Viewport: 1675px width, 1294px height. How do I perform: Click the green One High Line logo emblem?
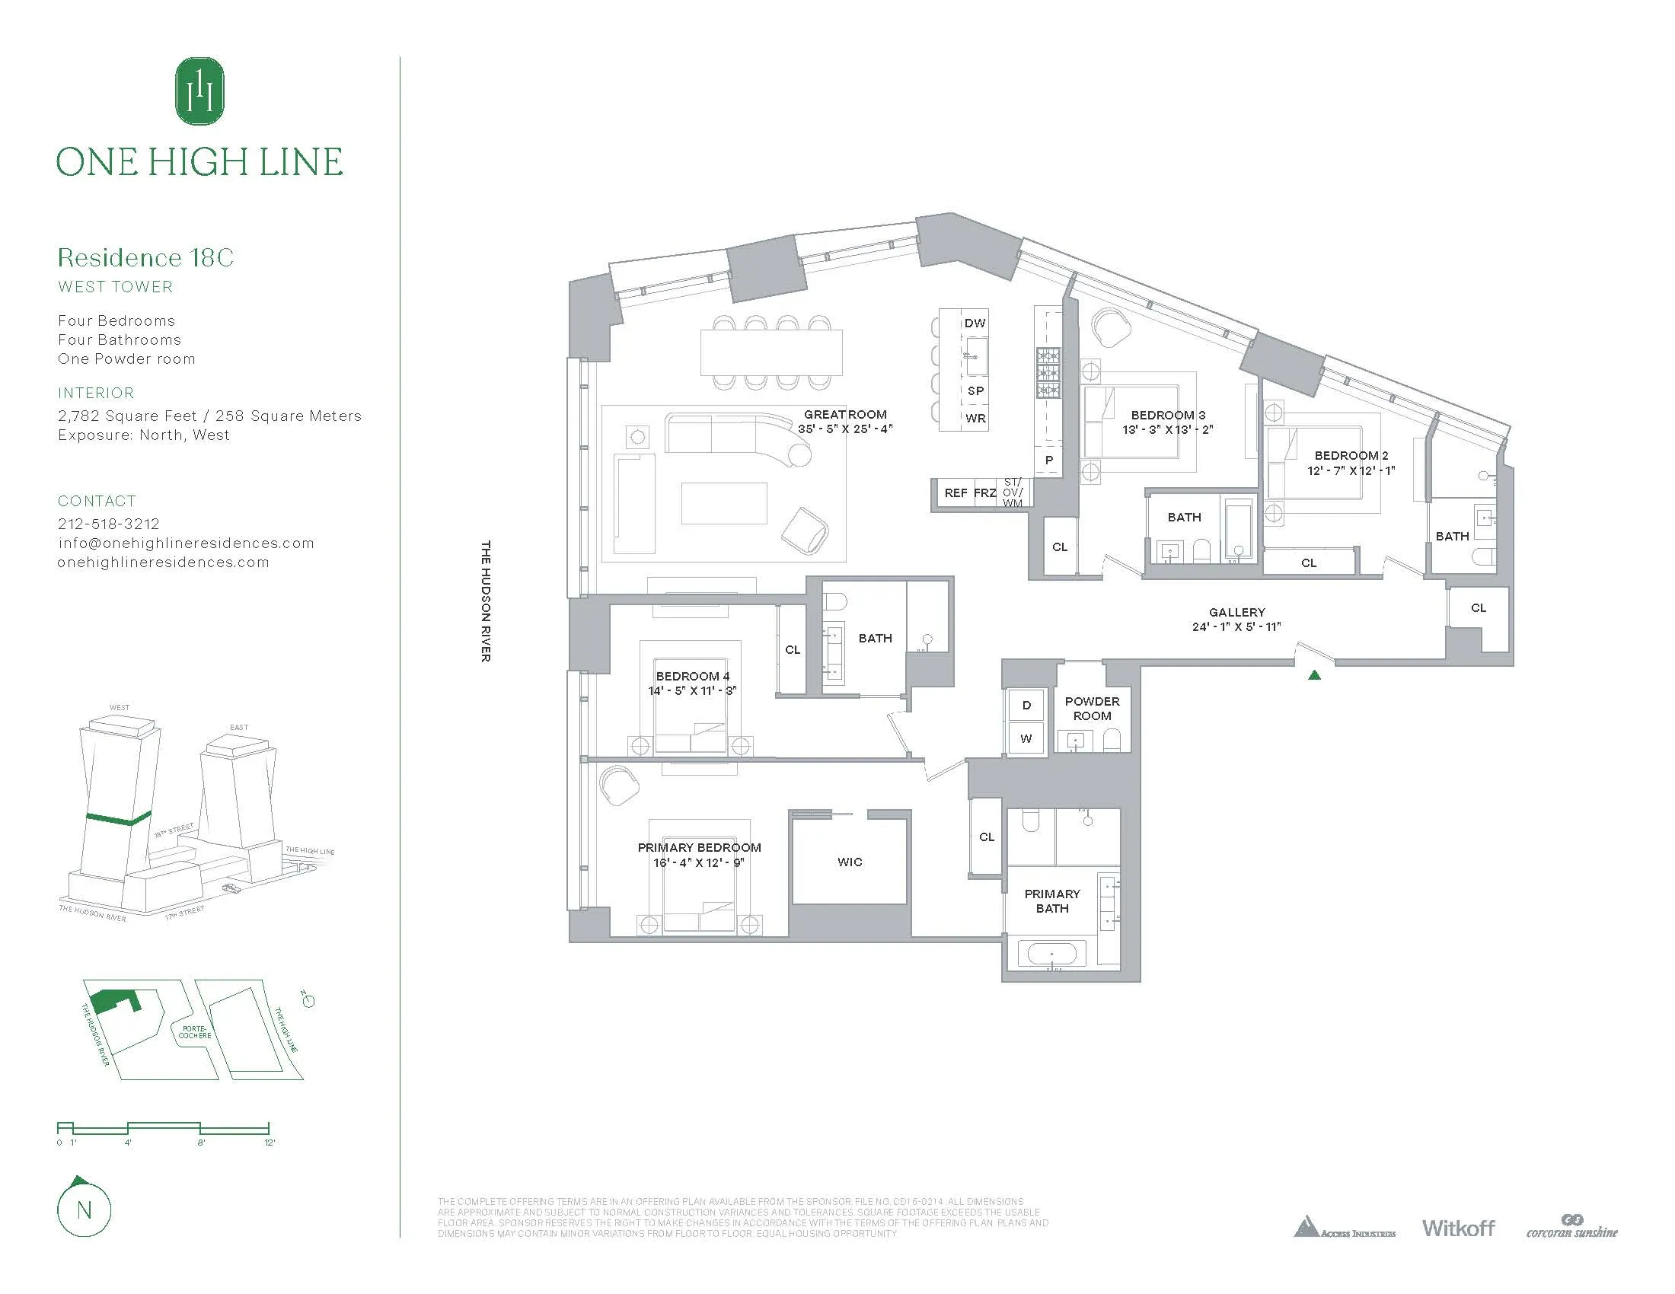199,91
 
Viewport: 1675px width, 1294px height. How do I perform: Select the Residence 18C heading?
145,257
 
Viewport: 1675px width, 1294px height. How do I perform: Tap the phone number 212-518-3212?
109,524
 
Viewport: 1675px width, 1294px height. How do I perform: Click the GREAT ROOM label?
844,414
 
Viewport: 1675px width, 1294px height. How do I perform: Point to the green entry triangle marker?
1315,675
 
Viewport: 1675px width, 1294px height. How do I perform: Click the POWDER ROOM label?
1091,709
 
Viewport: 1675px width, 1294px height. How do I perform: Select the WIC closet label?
850,862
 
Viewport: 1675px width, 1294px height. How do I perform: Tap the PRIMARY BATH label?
1051,900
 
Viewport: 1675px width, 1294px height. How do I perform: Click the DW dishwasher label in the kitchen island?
975,323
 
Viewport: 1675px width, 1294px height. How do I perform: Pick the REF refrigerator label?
955,493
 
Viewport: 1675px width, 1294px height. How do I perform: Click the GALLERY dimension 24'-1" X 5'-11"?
1236,626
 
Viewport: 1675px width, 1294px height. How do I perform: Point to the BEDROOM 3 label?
1167,415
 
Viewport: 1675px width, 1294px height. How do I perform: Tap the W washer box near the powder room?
1026,738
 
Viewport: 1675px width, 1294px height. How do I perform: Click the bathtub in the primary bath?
1051,955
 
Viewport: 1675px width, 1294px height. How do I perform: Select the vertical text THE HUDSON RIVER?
486,601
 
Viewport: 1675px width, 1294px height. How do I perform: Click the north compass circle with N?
85,1210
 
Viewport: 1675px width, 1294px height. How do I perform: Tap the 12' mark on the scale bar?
270,1143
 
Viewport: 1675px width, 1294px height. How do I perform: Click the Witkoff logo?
1458,1228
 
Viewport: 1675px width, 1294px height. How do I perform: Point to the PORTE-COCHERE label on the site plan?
195,1032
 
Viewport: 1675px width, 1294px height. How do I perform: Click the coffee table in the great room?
724,503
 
